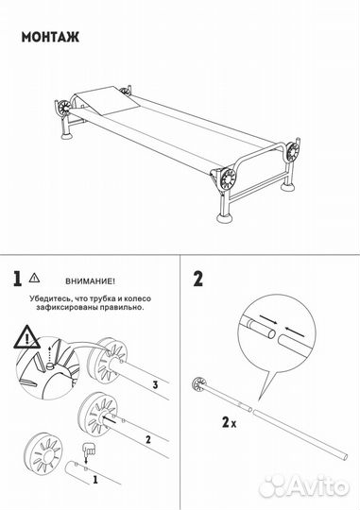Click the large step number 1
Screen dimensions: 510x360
click(x=17, y=279)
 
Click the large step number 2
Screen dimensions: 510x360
click(x=197, y=279)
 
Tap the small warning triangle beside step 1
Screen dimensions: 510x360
click(x=35, y=279)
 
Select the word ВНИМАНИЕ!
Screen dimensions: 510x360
click(x=91, y=280)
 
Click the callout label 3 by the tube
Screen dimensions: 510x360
click(x=153, y=384)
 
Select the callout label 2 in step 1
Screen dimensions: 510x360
click(x=146, y=438)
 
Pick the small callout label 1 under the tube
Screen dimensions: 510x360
click(x=94, y=480)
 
